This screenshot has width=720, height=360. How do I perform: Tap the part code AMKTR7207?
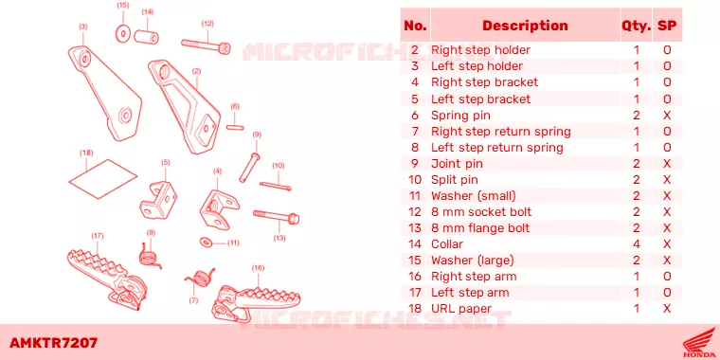coord(53,343)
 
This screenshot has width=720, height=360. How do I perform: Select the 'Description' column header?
coord(525,26)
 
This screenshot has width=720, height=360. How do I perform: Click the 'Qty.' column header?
coord(636,26)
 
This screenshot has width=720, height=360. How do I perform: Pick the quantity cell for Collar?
coord(637,244)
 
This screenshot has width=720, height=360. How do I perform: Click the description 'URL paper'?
coord(461,309)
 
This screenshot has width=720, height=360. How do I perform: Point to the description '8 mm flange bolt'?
coord(480,228)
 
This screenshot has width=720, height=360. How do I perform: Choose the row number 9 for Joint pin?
coord(415,164)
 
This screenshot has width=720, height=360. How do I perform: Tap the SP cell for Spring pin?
coord(667,116)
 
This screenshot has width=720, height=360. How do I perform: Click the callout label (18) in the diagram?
coord(86,153)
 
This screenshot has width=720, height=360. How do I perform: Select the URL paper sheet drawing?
coord(103,179)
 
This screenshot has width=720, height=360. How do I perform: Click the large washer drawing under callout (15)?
coord(122,33)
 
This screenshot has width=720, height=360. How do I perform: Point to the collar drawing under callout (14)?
coord(147,36)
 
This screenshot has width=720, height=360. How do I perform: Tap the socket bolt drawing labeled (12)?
coord(206,45)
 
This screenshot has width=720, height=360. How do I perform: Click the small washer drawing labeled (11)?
coord(206,241)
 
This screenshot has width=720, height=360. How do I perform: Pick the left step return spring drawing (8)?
coord(149,255)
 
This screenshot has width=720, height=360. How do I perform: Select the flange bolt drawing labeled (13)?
coord(276,216)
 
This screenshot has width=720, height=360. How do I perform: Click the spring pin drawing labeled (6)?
coord(235,127)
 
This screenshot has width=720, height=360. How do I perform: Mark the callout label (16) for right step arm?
coord(259,268)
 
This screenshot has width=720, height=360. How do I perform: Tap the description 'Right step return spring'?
coord(500,132)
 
